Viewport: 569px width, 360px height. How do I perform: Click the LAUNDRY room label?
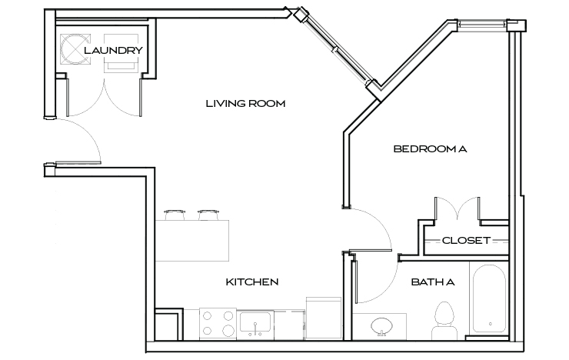click(x=113, y=51)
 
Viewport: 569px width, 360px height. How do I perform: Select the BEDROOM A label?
click(x=430, y=148)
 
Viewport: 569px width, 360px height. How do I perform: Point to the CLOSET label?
click(x=466, y=241)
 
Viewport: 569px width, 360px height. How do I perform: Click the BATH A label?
click(x=433, y=282)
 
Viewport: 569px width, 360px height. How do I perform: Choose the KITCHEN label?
click(x=251, y=282)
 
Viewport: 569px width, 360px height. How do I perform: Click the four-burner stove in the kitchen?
click(x=217, y=324)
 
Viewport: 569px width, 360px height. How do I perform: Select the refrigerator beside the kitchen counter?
click(x=321, y=318)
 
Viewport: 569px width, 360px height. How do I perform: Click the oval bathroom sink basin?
click(x=382, y=325)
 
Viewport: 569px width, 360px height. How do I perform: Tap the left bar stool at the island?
click(x=174, y=212)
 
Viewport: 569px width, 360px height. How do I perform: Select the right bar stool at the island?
click(x=208, y=212)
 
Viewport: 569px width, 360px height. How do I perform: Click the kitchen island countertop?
click(x=192, y=239)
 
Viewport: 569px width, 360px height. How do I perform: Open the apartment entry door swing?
click(x=77, y=142)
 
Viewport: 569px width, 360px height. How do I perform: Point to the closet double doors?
click(x=458, y=208)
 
